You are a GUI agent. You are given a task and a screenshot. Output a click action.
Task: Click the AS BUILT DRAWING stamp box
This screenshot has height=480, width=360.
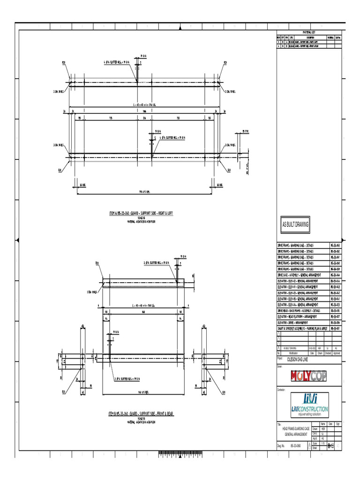(295, 225)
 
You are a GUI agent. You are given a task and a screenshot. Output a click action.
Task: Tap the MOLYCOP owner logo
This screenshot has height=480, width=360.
(302, 376)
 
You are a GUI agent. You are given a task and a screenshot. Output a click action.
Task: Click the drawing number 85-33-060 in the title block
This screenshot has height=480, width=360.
(296, 447)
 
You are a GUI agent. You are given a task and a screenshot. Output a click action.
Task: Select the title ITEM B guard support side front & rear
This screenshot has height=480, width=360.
(141, 414)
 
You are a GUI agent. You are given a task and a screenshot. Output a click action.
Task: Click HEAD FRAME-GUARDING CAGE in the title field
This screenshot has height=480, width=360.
(295, 429)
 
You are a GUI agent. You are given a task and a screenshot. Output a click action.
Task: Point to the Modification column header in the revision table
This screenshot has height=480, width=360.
(292, 352)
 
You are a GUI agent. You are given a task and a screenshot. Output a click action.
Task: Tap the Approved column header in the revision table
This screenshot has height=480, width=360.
(336, 352)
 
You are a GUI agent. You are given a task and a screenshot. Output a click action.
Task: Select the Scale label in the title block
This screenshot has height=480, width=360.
(315, 442)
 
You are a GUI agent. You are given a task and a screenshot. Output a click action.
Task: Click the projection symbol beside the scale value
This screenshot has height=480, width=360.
(331, 443)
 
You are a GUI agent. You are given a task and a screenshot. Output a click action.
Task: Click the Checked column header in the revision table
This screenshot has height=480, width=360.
(327, 352)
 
